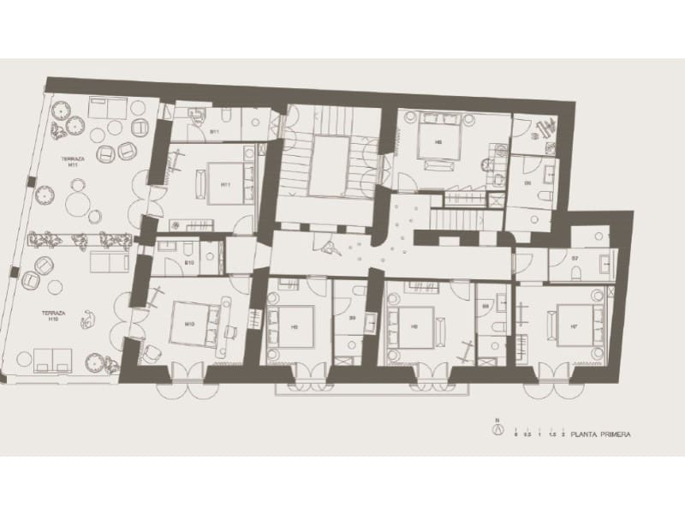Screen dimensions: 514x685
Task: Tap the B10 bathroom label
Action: click(x=189, y=262)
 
